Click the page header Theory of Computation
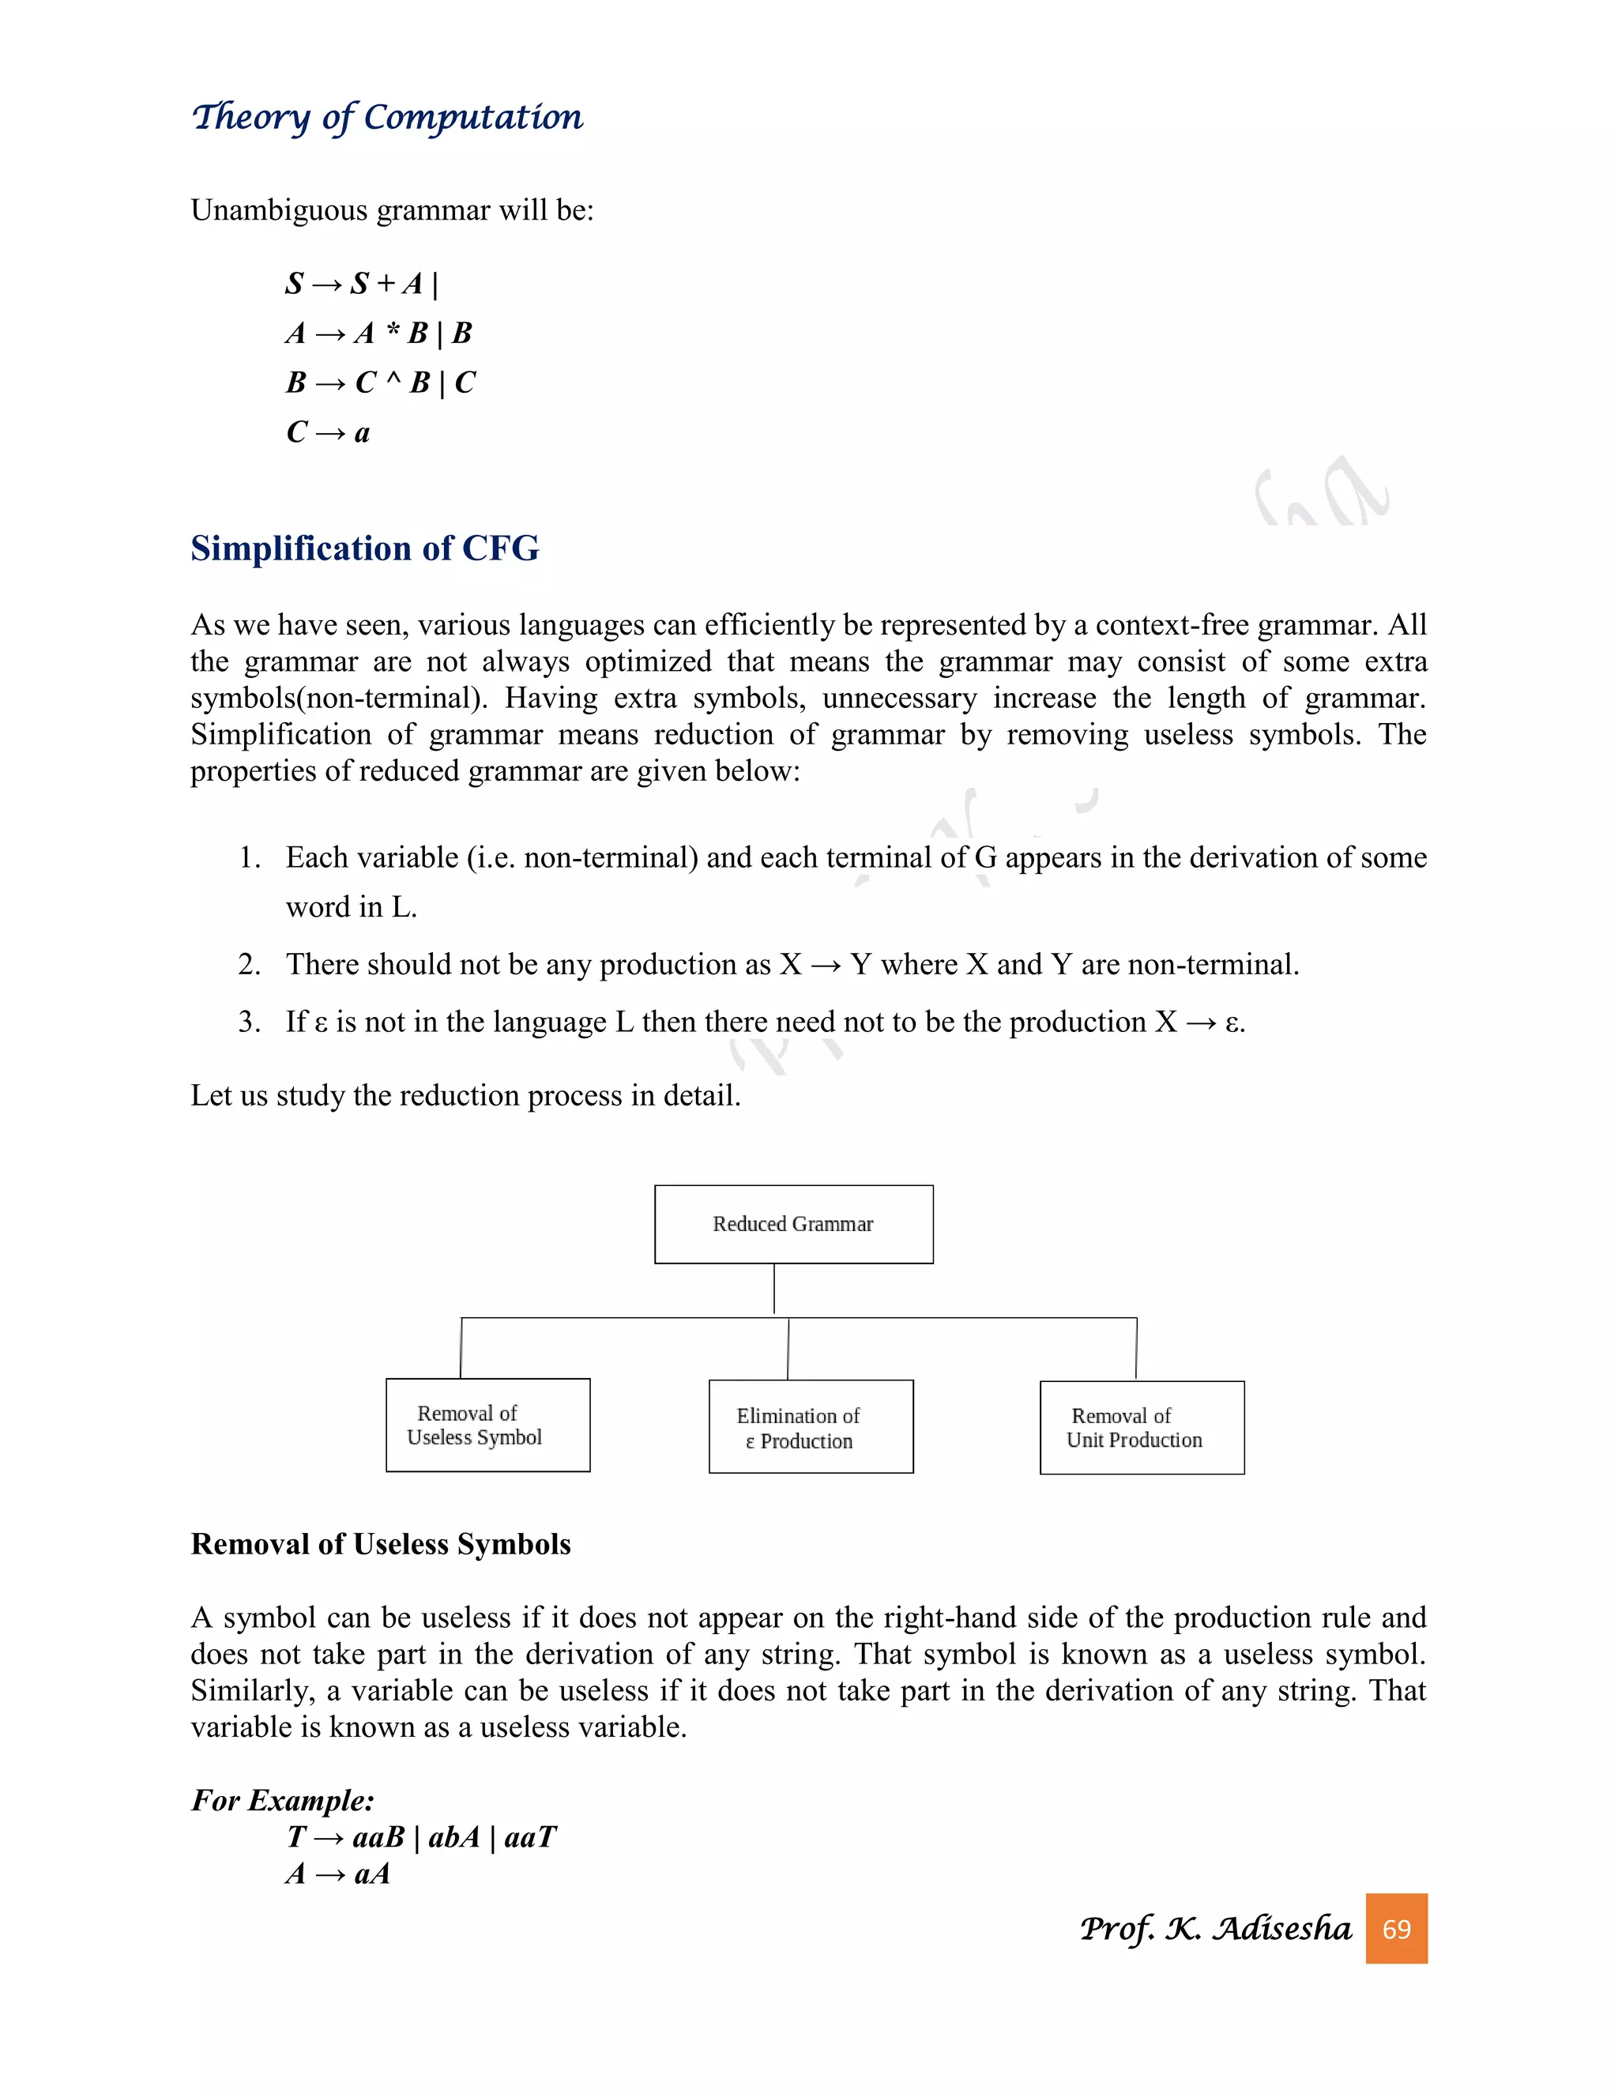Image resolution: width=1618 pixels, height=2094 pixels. coord(386,117)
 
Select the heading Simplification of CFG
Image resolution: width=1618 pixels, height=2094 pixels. coord(364,548)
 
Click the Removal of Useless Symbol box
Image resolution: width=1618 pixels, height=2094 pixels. coord(488,1425)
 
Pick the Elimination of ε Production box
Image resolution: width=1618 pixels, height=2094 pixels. coord(811,1426)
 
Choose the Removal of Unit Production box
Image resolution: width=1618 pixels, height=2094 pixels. coord(1142,1428)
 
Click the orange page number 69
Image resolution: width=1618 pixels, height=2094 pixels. coord(1397,1928)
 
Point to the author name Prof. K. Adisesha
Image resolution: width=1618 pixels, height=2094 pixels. coord(1215,1928)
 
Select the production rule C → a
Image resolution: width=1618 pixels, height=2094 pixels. coord(328,432)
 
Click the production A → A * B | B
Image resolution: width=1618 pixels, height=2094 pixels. coord(378,333)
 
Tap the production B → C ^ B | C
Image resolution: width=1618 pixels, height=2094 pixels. coord(381,382)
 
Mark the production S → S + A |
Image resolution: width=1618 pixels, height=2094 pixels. coord(361,284)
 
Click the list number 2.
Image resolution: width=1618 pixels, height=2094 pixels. coord(249,965)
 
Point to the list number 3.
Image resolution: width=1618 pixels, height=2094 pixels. coord(249,1022)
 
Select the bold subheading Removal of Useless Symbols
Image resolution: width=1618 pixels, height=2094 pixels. coord(381,1545)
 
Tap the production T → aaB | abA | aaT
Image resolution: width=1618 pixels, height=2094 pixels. coord(422,1837)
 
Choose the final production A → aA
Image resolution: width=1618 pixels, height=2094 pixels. coord(338,1874)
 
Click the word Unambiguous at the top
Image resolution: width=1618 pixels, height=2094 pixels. coord(279,210)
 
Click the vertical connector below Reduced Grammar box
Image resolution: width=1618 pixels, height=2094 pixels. coord(774,1289)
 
